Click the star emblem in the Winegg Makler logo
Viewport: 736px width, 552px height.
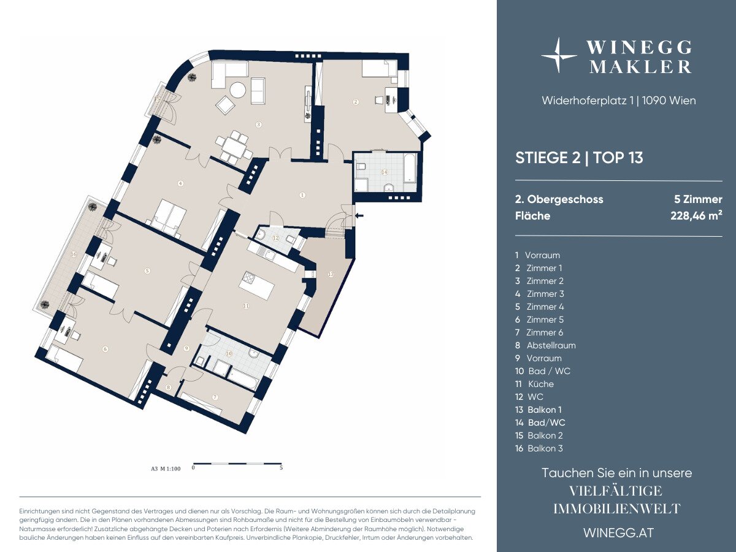pyautogui.click(x=559, y=55)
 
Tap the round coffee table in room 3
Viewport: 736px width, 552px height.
pyautogui.click(x=239, y=90)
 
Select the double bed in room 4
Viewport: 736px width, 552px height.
pyautogui.click(x=169, y=218)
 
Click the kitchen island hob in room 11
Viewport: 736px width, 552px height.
pyautogui.click(x=250, y=278)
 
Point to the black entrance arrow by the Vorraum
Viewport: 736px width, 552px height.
pyautogui.click(x=359, y=216)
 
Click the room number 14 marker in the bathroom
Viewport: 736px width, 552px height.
pyautogui.click(x=385, y=172)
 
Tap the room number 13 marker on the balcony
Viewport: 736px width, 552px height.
pyautogui.click(x=331, y=274)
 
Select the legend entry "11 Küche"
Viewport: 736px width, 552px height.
pyautogui.click(x=534, y=384)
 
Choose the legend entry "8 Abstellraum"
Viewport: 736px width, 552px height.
pyautogui.click(x=545, y=345)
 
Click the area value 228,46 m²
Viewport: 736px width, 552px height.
pyautogui.click(x=696, y=215)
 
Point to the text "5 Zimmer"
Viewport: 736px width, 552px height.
pyautogui.click(x=699, y=199)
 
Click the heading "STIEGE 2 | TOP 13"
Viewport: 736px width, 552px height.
pyautogui.click(x=579, y=158)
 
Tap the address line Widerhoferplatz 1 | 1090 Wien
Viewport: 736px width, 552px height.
pyautogui.click(x=619, y=101)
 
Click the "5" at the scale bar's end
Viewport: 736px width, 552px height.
pyautogui.click(x=281, y=468)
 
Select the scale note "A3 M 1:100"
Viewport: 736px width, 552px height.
pyautogui.click(x=166, y=469)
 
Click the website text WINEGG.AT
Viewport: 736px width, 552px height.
pyautogui.click(x=619, y=533)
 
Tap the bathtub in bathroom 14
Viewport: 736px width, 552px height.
pyautogui.click(x=410, y=168)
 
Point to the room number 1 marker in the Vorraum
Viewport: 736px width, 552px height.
pyautogui.click(x=302, y=195)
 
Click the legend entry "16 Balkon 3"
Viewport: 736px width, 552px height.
pyautogui.click(x=539, y=448)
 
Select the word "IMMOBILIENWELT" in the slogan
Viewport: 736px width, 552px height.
pyautogui.click(x=617, y=509)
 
